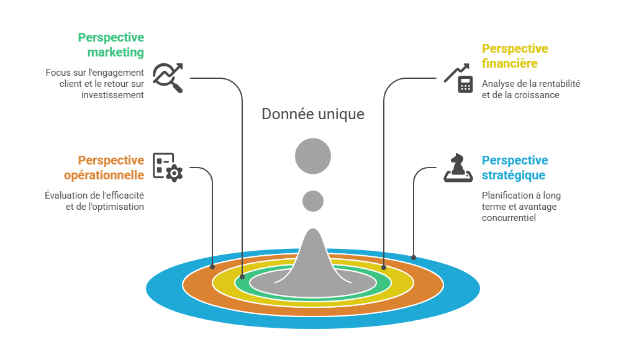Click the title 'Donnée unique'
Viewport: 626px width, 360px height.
[313, 114]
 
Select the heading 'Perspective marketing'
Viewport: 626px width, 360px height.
[111, 45]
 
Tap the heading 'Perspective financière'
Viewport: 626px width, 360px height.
[515, 56]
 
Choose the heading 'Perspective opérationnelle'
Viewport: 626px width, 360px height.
[104, 168]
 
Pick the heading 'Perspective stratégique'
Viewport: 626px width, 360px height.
[515, 168]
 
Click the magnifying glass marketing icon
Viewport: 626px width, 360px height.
[168, 78]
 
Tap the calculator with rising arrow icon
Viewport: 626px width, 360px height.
[458, 78]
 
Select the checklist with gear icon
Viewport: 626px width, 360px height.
[168, 167]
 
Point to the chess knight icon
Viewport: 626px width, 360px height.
[458, 168]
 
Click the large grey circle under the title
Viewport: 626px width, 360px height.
[313, 156]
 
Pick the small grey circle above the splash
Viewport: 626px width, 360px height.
[313, 200]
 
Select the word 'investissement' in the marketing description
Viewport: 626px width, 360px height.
[112, 95]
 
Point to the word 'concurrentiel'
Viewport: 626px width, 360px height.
[509, 218]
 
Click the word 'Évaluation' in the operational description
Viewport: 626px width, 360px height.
[65, 196]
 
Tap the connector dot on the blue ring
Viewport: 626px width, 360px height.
[414, 258]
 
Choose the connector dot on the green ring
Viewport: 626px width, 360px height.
[242, 277]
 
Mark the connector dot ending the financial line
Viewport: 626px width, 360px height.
[384, 268]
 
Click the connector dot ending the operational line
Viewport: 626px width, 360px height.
[212, 267]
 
